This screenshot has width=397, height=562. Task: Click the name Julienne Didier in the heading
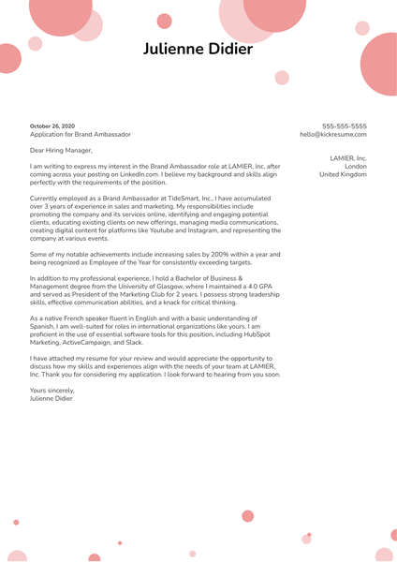198,48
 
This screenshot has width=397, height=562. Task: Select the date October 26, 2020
52,126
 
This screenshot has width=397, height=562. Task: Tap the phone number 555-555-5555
345,126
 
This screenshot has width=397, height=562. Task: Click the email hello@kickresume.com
333,134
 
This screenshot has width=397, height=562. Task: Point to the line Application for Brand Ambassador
81,134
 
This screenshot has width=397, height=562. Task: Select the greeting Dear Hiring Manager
61,150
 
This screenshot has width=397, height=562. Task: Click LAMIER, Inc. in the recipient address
348,158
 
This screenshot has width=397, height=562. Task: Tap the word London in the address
356,167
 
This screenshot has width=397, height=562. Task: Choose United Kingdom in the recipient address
343,174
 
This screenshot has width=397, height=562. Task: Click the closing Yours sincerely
51,390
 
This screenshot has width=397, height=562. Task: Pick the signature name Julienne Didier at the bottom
51,398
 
